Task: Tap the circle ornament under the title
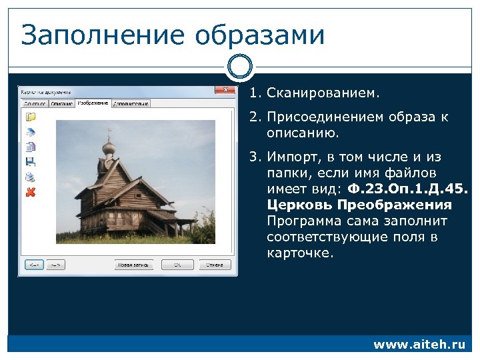tap(240, 67)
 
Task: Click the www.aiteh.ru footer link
tap(419, 345)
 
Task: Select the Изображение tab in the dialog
tap(93, 103)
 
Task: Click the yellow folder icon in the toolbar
tap(31, 117)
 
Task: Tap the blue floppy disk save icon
tap(31, 161)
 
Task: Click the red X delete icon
tap(31, 192)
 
